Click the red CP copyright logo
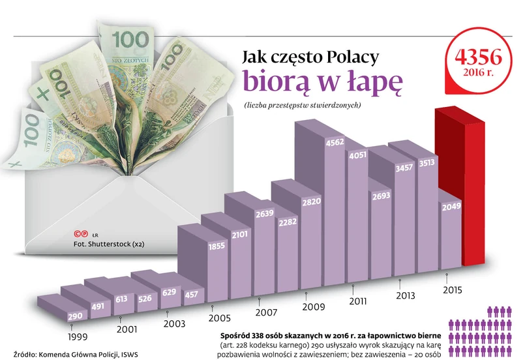click(82, 233)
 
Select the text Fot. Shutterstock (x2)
click(109, 244)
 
